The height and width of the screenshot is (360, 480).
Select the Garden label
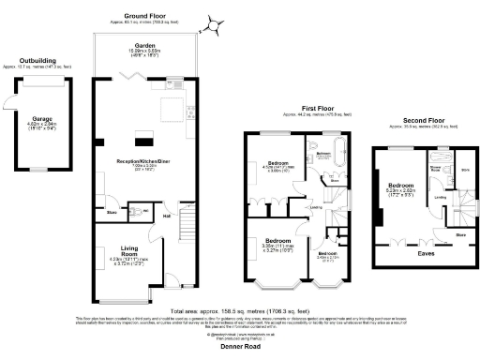coord(144,46)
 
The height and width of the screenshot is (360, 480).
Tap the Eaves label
coord(425,251)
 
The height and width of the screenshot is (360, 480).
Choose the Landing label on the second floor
coord(440,198)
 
